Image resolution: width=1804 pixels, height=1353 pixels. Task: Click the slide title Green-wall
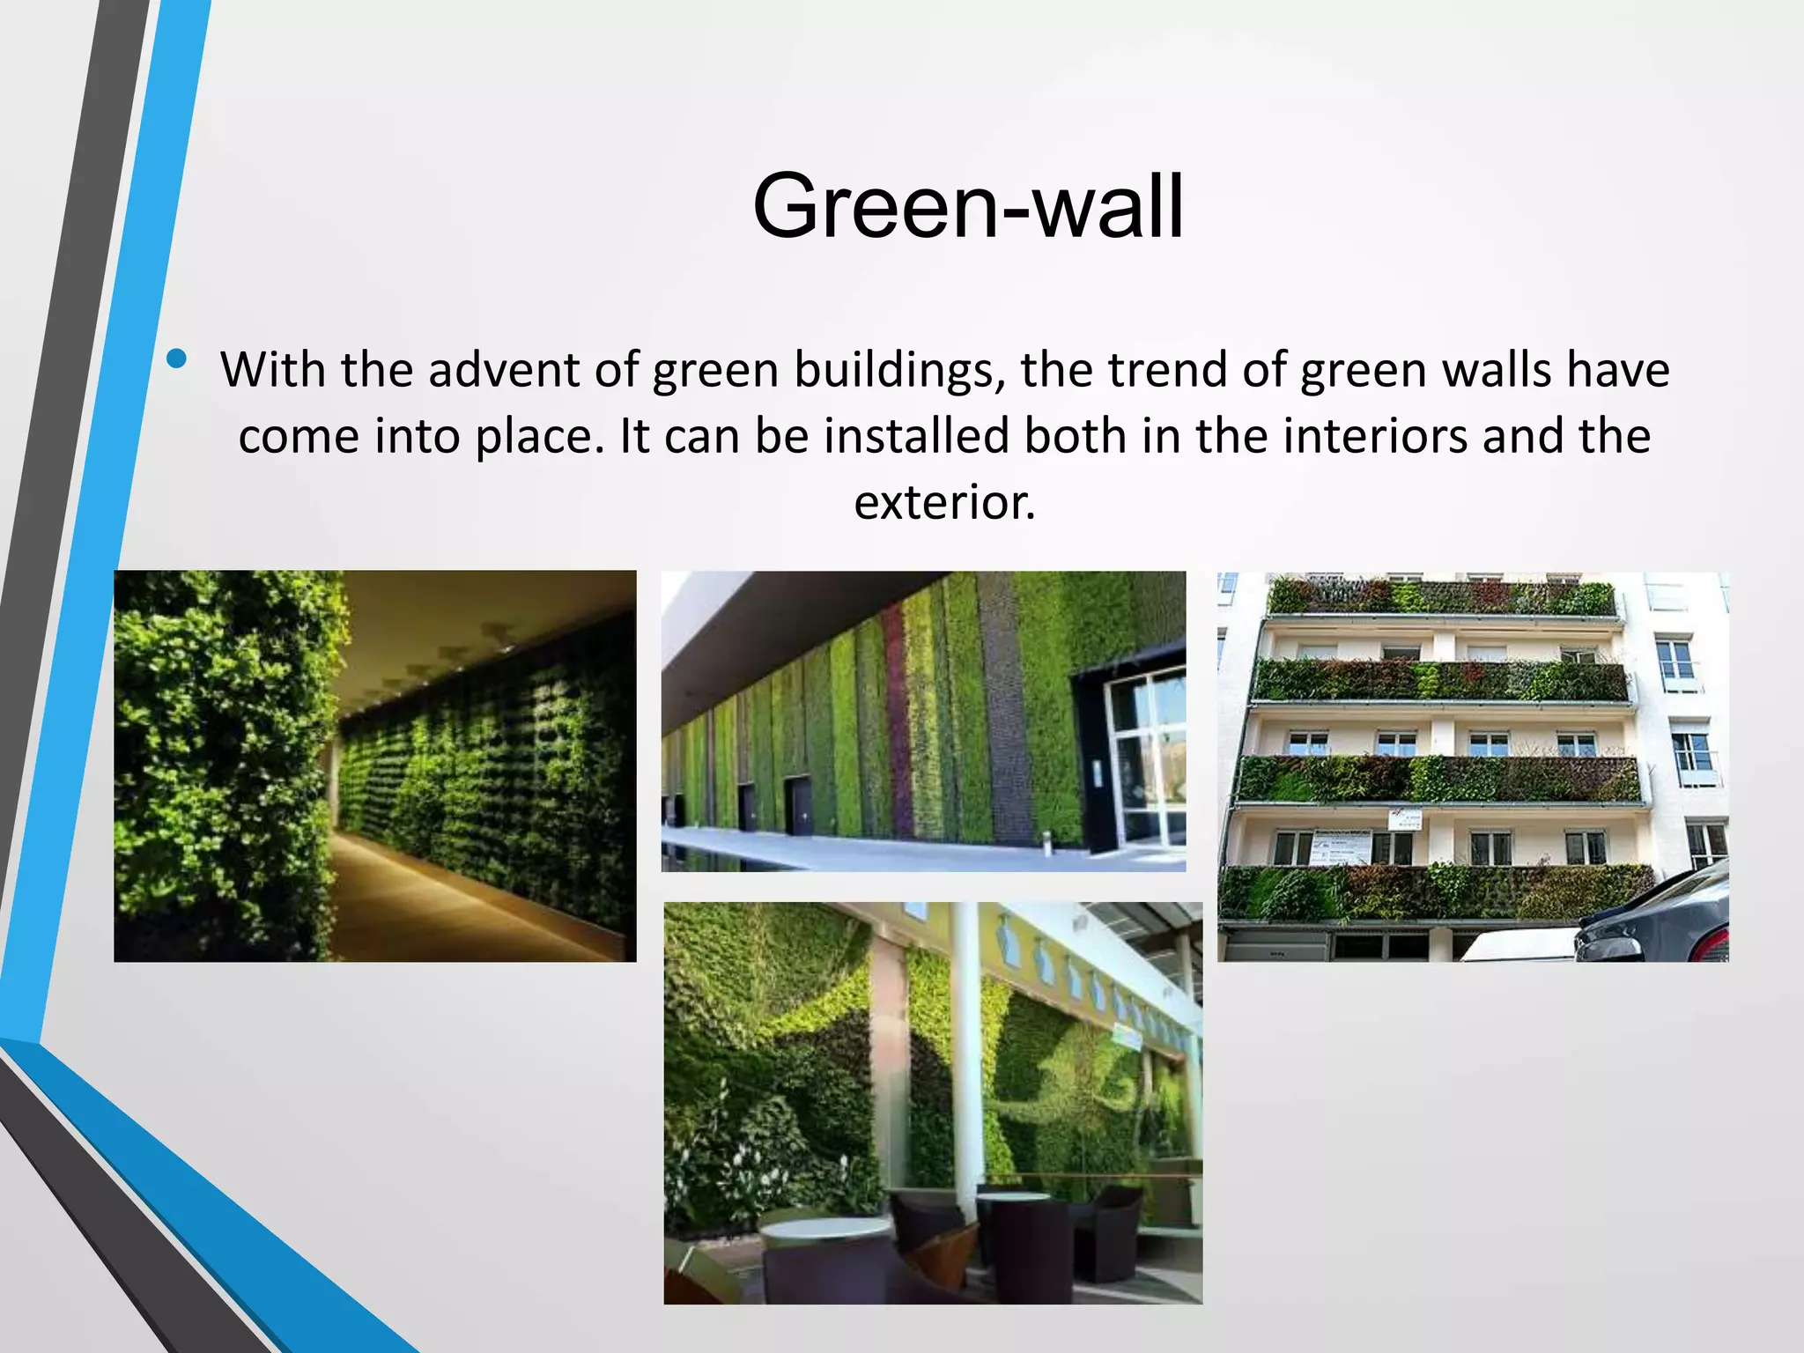click(967, 207)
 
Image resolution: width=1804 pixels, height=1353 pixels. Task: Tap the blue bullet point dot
click(177, 359)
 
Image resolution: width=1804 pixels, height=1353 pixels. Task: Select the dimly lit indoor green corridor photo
click(374, 765)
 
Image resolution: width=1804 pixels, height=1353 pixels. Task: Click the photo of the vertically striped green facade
click(923, 721)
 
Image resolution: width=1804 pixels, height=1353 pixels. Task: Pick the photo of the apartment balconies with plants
click(1472, 765)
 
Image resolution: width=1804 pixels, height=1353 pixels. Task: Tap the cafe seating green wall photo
click(932, 1102)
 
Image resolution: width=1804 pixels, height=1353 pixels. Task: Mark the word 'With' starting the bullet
click(272, 370)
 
